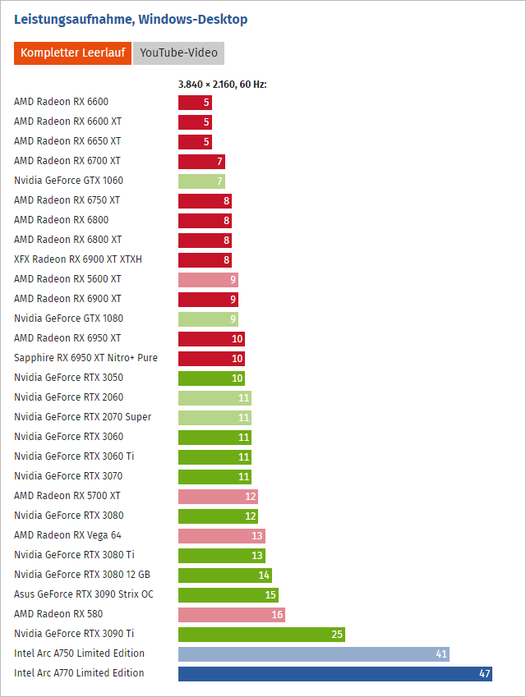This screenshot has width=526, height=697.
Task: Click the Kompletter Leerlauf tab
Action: [x=72, y=53]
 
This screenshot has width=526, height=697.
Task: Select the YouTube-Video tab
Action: [x=178, y=53]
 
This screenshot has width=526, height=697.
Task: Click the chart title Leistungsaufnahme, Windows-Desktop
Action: [x=131, y=19]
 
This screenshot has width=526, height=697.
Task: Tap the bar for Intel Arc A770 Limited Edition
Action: [x=335, y=673]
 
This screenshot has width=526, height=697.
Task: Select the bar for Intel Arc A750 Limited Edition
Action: [x=313, y=653]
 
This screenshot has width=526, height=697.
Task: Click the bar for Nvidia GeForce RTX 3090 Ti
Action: [x=261, y=634]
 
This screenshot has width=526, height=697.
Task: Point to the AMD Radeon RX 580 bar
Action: [x=231, y=614]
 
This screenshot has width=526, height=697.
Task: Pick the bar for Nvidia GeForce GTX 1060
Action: [x=201, y=181]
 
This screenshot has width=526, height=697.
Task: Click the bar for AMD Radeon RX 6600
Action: [x=195, y=103]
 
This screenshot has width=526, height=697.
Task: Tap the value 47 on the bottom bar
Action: [x=484, y=673]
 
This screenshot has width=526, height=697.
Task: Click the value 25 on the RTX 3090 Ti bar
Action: [x=337, y=634]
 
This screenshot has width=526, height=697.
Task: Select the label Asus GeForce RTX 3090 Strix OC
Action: [x=84, y=594]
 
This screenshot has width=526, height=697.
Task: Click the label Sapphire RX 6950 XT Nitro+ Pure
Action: [x=85, y=358]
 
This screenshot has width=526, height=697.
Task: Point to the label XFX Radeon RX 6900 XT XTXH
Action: [x=78, y=259]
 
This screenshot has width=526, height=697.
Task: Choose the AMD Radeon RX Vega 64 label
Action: [x=67, y=535]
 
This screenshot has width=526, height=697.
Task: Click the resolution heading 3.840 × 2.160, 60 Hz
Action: [x=223, y=84]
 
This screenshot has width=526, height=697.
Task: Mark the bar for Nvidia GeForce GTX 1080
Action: [x=208, y=319]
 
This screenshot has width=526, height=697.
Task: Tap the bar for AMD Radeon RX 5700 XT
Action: [x=218, y=496]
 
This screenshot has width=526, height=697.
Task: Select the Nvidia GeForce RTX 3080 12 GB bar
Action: [x=224, y=575]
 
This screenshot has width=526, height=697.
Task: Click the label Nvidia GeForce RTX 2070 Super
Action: [x=82, y=417]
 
